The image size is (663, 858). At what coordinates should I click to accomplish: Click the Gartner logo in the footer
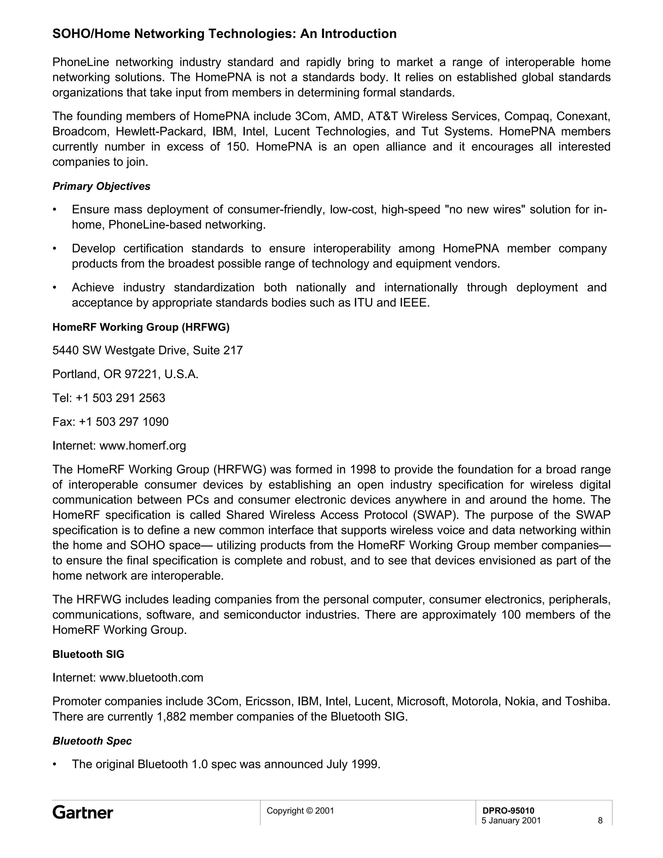[x=83, y=812]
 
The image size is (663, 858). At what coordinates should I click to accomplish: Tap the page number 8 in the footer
[x=600, y=820]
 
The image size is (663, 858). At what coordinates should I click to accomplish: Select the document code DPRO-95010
[x=508, y=810]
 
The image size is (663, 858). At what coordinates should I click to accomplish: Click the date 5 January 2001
[x=511, y=820]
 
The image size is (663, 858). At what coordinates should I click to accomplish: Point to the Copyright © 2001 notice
[x=300, y=810]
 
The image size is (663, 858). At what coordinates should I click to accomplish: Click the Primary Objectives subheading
[x=101, y=186]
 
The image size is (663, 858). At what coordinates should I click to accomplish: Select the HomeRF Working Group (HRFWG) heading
[x=140, y=327]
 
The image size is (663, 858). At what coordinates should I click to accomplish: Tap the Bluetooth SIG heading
[x=88, y=654]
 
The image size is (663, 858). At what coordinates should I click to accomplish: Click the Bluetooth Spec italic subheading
[x=92, y=741]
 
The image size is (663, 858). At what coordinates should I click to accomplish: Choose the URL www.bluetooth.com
[x=151, y=678]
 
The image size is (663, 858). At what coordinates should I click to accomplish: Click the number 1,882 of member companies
[x=171, y=717]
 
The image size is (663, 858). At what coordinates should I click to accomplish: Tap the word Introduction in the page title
[x=359, y=34]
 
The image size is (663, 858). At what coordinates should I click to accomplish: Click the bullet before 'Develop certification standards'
[x=55, y=249]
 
